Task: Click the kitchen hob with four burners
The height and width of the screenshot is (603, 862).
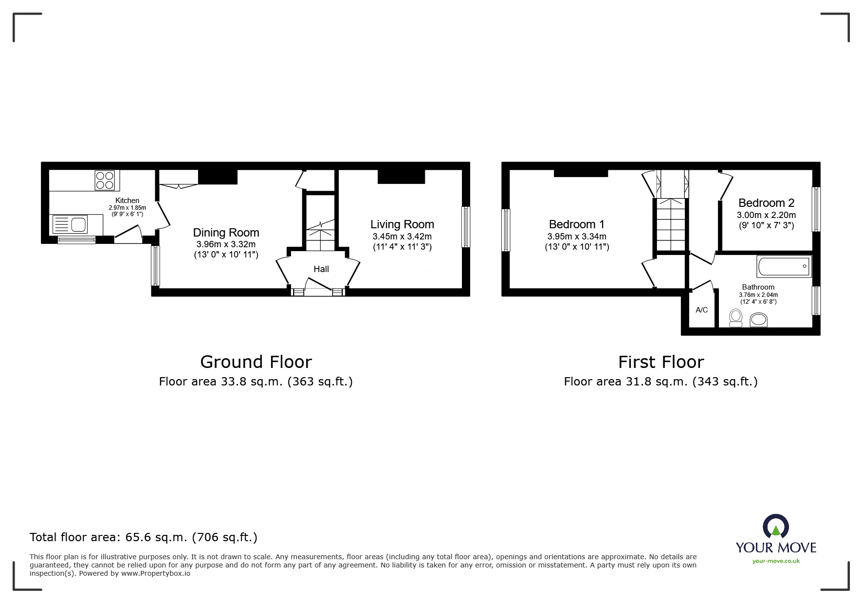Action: point(105,180)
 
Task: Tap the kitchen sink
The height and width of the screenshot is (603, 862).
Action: point(71,224)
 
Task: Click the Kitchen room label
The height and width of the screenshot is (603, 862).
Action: point(127,201)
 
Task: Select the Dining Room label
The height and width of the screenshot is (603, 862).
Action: point(226,233)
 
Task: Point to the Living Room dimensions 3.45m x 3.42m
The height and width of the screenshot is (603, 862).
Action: point(402,237)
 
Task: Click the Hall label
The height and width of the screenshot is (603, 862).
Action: point(321,269)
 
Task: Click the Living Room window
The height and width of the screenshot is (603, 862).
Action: point(466,227)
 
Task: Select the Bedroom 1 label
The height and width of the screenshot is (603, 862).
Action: point(576,224)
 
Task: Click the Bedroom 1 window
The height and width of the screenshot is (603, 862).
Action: point(506,230)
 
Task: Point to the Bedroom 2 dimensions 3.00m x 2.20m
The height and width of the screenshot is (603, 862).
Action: point(766,215)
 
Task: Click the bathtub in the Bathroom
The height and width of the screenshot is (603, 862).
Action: point(784,267)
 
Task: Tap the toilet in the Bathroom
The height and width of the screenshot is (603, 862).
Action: point(735,318)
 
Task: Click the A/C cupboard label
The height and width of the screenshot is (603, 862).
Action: point(701,310)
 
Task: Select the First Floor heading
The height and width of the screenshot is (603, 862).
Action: point(660,362)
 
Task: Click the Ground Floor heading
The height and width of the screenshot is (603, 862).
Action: point(256,362)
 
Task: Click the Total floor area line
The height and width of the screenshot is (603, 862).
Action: point(144,537)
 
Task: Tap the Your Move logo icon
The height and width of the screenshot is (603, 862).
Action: point(775,527)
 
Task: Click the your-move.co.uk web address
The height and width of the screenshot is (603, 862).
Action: point(776,561)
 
